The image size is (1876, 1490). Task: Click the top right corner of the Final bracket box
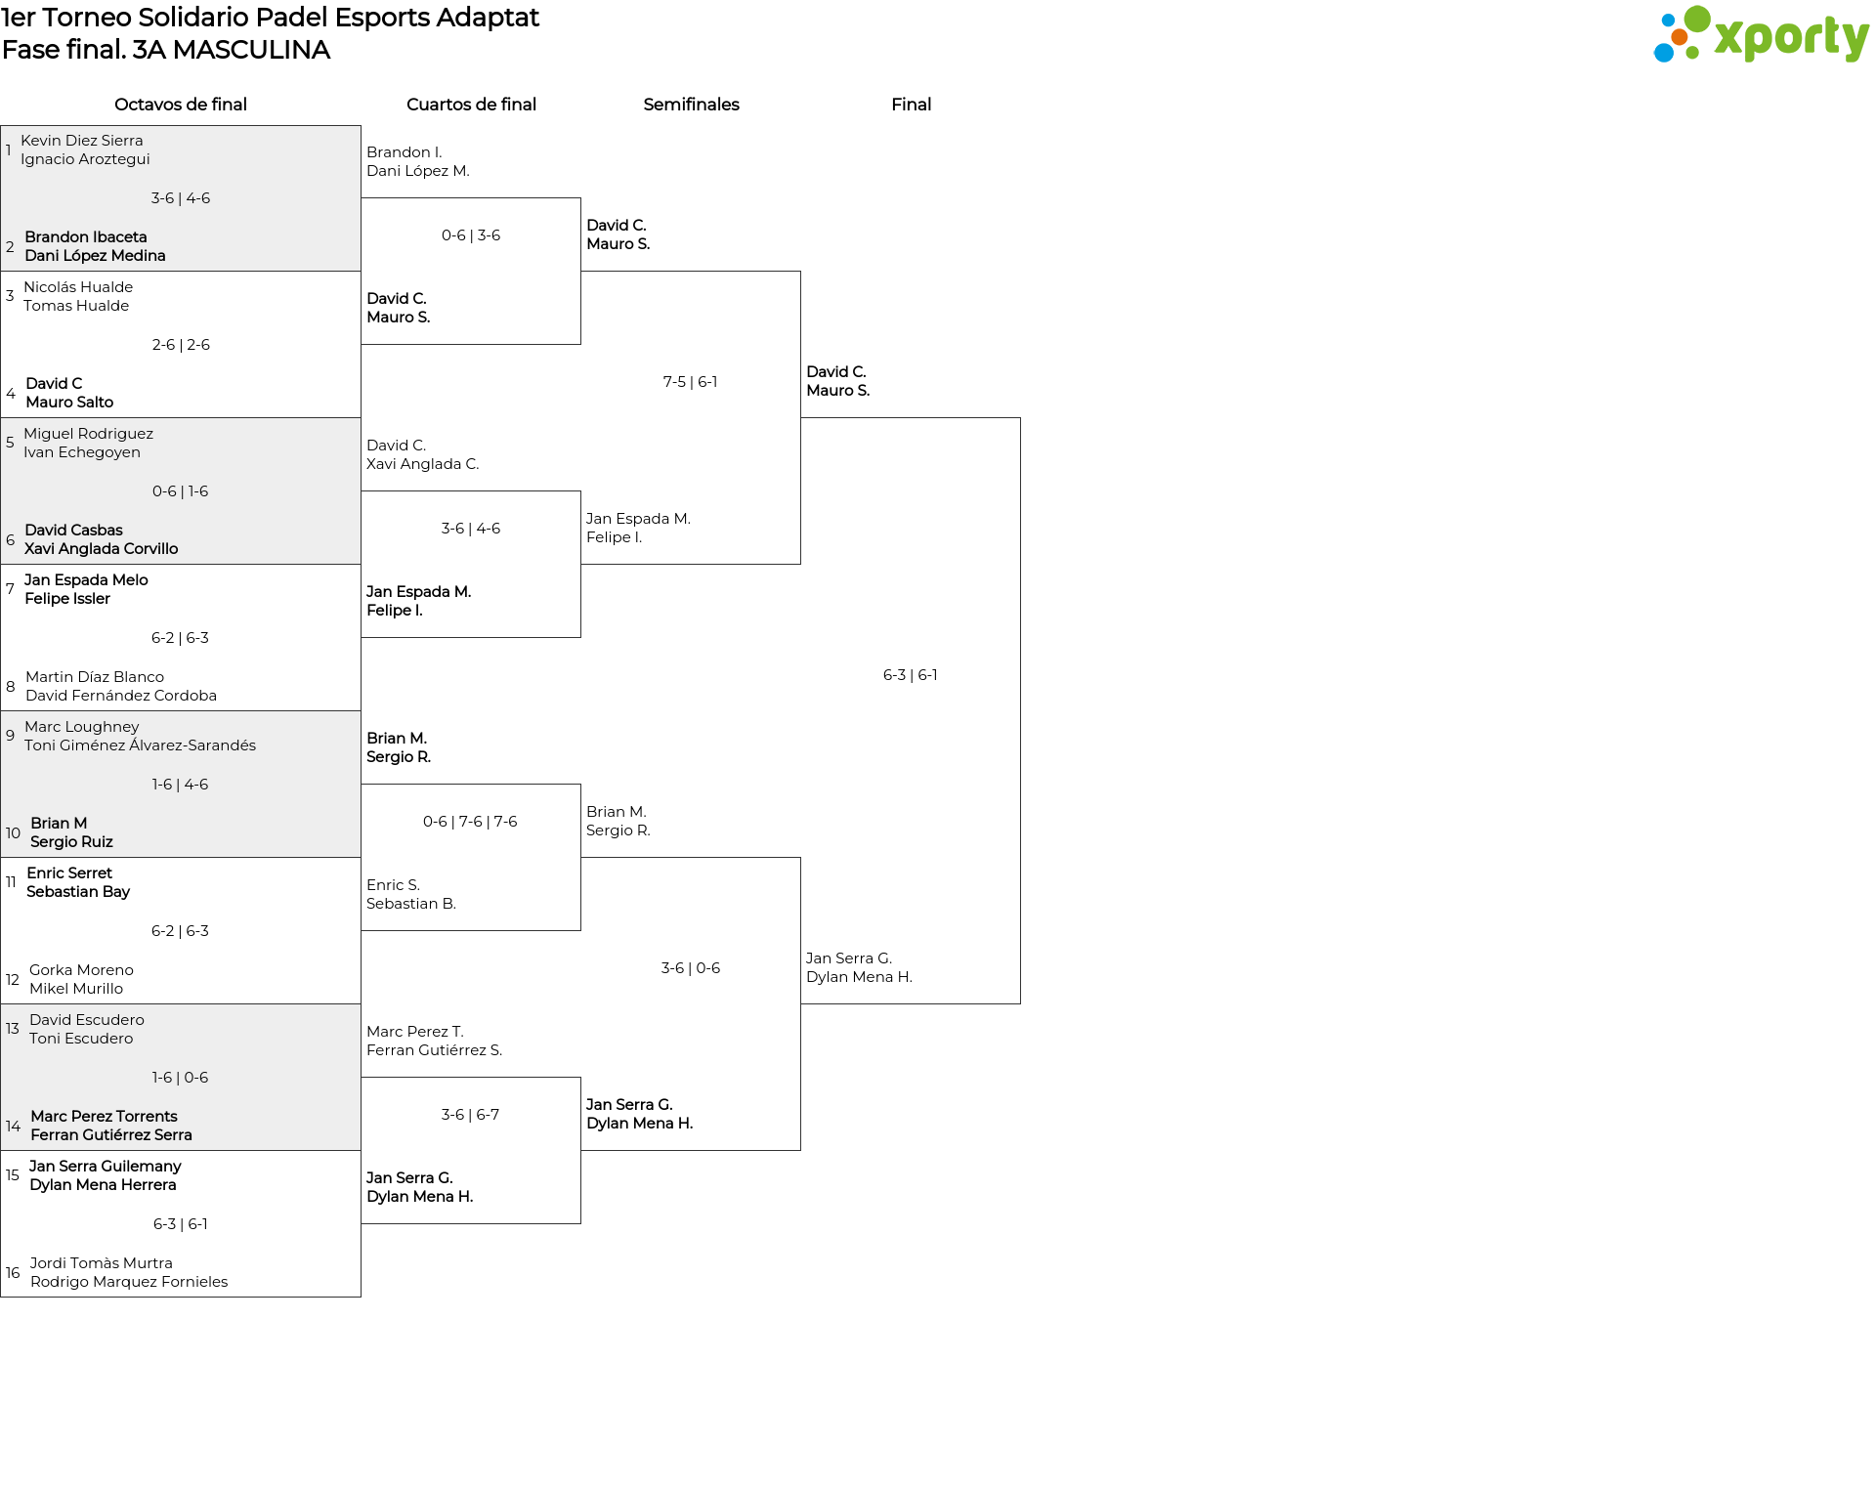pos(1020,418)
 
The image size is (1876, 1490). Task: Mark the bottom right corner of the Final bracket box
pos(1020,1003)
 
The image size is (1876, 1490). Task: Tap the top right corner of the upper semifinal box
pos(800,272)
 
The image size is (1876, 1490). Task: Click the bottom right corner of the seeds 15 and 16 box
pos(361,1297)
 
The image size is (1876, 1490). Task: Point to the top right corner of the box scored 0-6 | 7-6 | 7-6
pos(580,785)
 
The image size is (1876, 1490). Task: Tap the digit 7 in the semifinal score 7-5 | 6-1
pos(667,382)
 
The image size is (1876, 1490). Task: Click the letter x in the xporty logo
pos(1728,38)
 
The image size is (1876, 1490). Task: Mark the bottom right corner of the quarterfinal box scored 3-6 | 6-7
pos(580,1223)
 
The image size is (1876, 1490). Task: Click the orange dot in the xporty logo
pos(1680,37)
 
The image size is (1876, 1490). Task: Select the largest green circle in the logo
pos(1697,19)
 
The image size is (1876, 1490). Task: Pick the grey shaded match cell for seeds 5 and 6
pos(181,491)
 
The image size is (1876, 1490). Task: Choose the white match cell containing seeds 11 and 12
pos(181,931)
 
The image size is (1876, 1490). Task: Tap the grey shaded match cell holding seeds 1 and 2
pos(181,198)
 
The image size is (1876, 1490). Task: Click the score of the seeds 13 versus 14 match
pos(180,1078)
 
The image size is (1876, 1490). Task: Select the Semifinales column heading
pos(691,105)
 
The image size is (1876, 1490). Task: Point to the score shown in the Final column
pos(911,675)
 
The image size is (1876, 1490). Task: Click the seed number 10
pos(13,833)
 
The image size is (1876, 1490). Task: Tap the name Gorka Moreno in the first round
pos(81,970)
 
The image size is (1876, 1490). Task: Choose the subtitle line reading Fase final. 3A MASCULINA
pos(166,50)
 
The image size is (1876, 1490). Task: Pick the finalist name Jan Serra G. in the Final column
pos(849,958)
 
